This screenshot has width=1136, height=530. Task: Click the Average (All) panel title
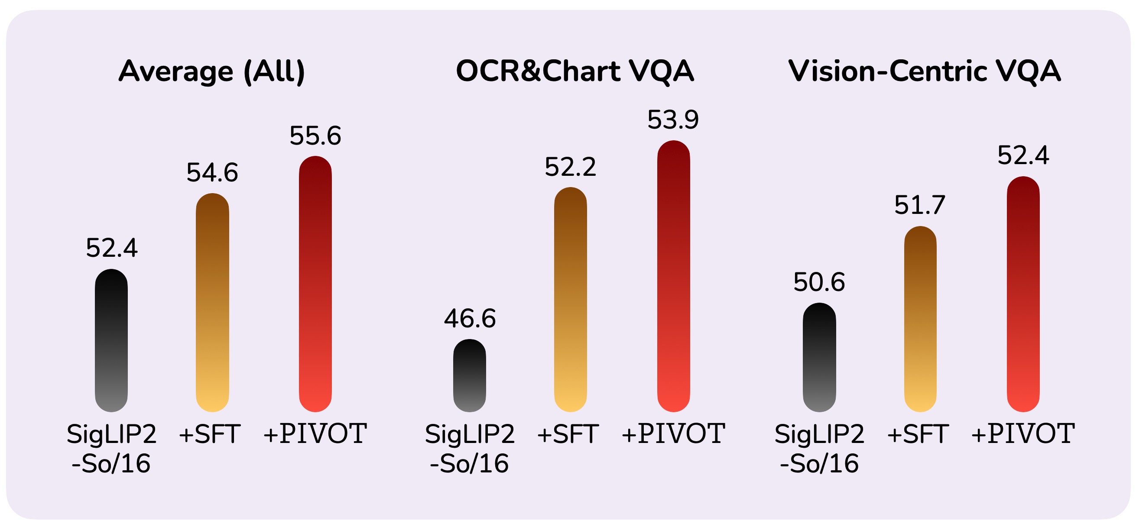(x=212, y=71)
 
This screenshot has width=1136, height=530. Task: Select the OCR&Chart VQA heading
(x=574, y=71)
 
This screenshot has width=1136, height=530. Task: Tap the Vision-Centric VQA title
(x=924, y=71)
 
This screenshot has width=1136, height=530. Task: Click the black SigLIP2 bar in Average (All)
(x=112, y=340)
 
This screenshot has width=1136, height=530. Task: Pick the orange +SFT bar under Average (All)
(x=213, y=302)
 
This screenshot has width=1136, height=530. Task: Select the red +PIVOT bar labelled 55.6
(x=315, y=284)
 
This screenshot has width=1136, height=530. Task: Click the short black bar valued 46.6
(x=470, y=375)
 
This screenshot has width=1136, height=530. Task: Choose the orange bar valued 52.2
(x=571, y=300)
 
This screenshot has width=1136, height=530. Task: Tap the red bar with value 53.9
(x=673, y=276)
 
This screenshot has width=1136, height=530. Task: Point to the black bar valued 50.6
(x=819, y=357)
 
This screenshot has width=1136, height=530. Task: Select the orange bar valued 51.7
(x=920, y=319)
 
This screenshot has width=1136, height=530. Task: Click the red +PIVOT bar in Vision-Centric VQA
(x=1023, y=294)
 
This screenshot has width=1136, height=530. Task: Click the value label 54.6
(x=212, y=172)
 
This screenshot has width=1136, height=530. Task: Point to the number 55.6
(x=315, y=136)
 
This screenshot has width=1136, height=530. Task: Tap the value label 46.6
(x=470, y=319)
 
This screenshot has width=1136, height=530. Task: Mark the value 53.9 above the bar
(x=673, y=120)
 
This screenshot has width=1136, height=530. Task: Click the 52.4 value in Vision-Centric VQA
(x=1023, y=155)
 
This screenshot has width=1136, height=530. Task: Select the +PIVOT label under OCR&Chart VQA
(x=673, y=433)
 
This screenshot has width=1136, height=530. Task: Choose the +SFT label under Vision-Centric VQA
(x=918, y=433)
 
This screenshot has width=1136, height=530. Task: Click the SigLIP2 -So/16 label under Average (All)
(x=112, y=449)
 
